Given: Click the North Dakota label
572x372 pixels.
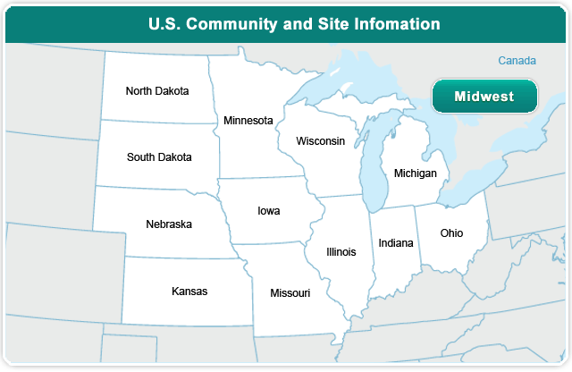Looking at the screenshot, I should [x=157, y=91].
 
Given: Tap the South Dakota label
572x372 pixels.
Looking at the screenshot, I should [x=159, y=157].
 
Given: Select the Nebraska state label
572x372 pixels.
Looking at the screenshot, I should [x=169, y=224].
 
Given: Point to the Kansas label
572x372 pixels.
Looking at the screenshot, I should [x=189, y=292].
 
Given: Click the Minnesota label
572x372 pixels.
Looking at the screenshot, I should [x=248, y=121].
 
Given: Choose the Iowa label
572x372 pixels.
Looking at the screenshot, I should [x=269, y=212].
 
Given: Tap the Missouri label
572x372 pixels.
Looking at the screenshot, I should [x=290, y=293].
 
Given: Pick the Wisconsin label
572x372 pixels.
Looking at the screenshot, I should [x=321, y=141].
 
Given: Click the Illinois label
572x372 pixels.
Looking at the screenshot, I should [x=341, y=252].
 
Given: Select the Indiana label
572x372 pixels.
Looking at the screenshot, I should [x=396, y=243].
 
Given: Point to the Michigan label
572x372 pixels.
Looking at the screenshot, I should [x=415, y=173].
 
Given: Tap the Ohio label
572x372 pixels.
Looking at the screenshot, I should [x=452, y=233].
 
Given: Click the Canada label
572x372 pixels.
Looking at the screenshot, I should [x=517, y=61].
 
